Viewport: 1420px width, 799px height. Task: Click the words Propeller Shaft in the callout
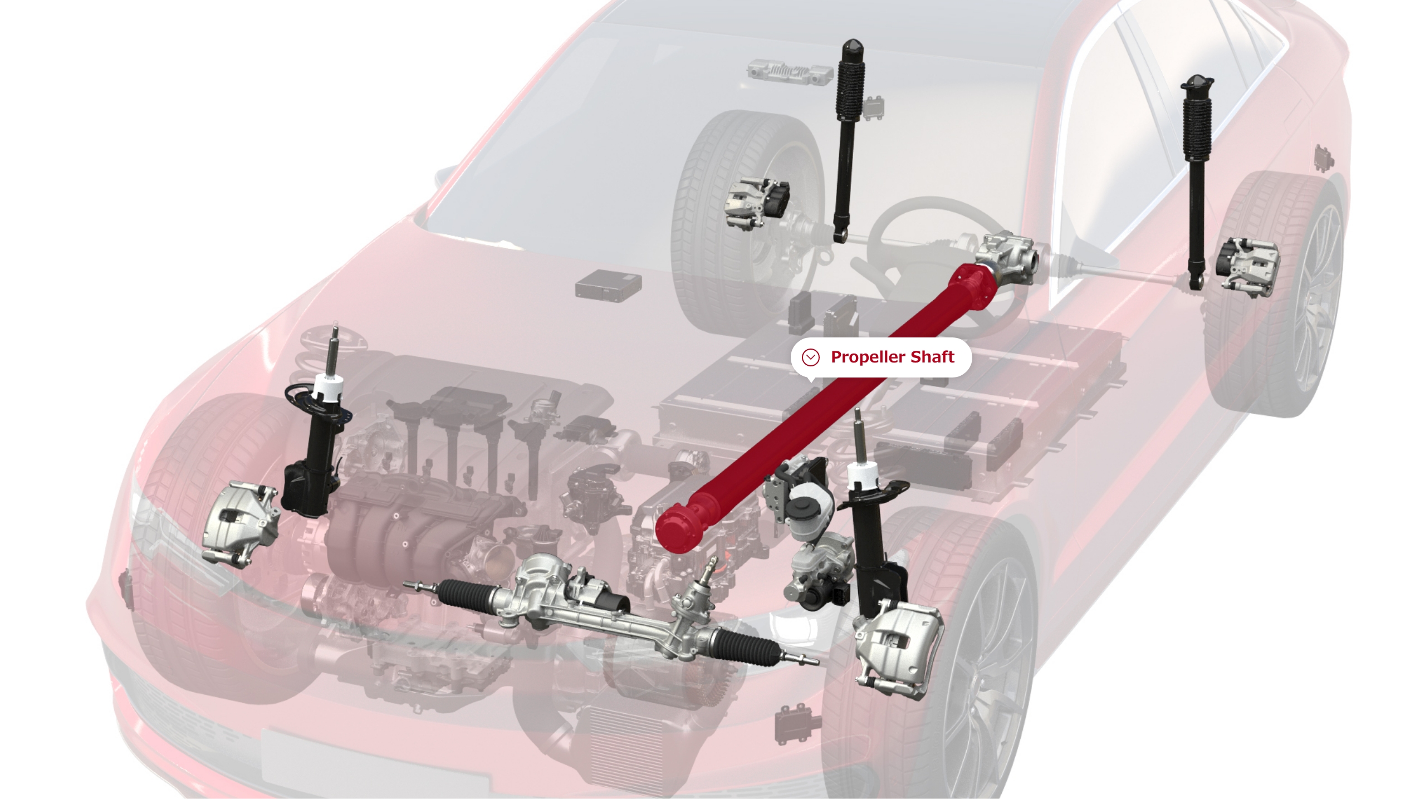(x=892, y=357)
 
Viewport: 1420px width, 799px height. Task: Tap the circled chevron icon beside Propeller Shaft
(x=810, y=357)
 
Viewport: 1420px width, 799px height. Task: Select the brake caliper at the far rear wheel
(x=1247, y=264)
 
